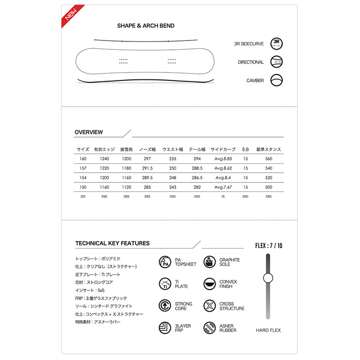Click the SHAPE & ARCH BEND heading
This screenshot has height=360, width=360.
pos(145,26)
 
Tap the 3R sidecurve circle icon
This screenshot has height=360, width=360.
pos(277,43)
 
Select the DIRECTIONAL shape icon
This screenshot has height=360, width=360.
pos(277,62)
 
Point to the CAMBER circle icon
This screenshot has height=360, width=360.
pos(277,80)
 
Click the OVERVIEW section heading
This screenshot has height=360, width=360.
pos(89,132)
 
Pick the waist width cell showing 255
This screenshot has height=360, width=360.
pos(173,159)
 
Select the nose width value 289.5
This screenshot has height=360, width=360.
pos(147,178)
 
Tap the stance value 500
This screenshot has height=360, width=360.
pos(268,187)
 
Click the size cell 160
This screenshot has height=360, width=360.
pos(82,159)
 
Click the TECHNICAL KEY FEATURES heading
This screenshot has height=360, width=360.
pos(112,243)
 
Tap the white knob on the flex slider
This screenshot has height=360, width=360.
pos(268,278)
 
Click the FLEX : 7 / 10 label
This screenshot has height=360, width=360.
pos(268,245)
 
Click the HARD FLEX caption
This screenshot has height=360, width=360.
pos(268,330)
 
